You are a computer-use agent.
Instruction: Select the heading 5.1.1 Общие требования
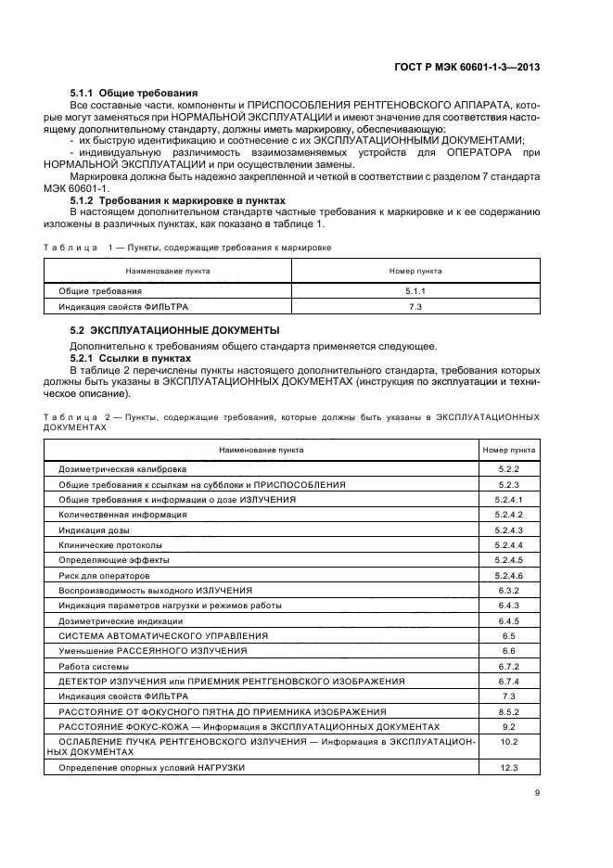pos(134,94)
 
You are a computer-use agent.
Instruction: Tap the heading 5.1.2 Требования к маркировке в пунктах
pos(178,200)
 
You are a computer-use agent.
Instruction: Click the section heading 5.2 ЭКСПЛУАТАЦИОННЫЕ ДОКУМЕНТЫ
pos(175,331)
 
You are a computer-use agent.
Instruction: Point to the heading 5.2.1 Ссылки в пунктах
pos(131,358)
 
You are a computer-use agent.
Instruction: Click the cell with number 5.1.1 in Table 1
pos(415,291)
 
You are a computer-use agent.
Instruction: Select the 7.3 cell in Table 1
pos(415,306)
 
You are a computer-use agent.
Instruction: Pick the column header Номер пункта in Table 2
pos(509,450)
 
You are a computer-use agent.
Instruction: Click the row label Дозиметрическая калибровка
pos(111,470)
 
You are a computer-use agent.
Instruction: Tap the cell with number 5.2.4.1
pos(509,500)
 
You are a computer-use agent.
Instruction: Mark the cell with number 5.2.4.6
pos(509,575)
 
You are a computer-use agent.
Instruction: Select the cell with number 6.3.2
pos(509,590)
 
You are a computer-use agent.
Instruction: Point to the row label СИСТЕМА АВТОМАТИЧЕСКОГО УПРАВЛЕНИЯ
pos(163,636)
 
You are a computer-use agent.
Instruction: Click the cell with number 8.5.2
pos(509,711)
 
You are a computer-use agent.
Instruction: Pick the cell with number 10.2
pos(509,743)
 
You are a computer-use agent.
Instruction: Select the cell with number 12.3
pos(509,769)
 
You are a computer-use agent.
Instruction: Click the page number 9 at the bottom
pos(537,792)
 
